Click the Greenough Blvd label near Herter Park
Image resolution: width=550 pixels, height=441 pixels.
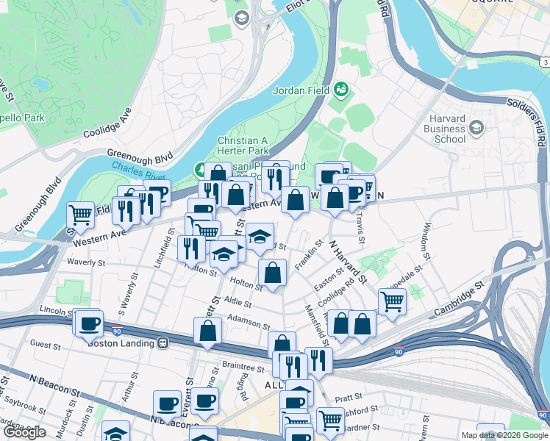pyautogui.click(x=139, y=156)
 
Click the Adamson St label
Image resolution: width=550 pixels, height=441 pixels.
pyautogui.click(x=250, y=320)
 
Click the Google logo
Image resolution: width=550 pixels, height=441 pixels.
pyautogui.click(x=25, y=432)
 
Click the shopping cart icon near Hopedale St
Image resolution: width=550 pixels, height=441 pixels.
pyautogui.click(x=392, y=300)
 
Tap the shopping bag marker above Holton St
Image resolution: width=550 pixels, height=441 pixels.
pyautogui.click(x=272, y=273)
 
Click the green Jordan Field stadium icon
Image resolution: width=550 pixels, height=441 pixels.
pyautogui.click(x=341, y=90)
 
